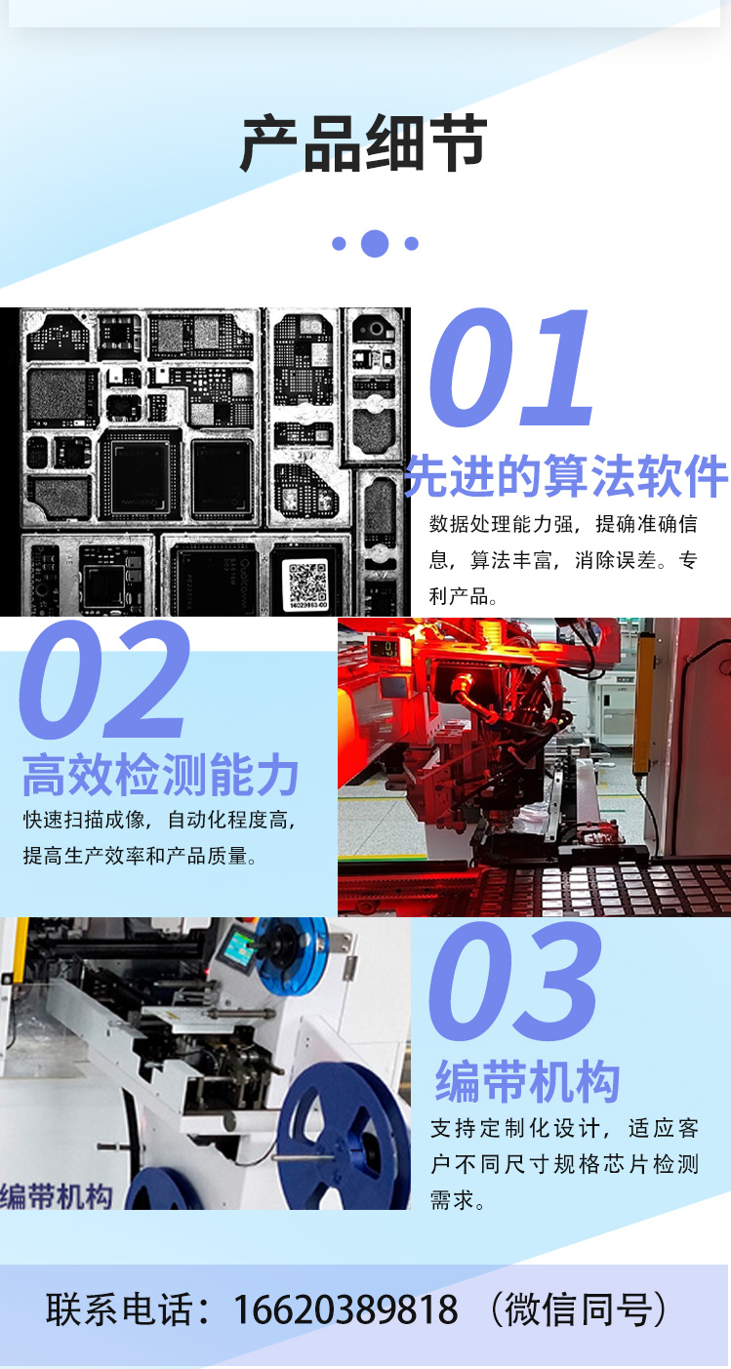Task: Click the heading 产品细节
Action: tap(364, 143)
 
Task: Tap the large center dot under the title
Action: tap(375, 243)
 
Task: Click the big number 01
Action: tap(511, 368)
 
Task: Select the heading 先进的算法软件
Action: tap(566, 475)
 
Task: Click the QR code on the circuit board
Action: tap(307, 584)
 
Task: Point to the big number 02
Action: tap(103, 679)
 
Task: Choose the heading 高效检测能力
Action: tap(160, 775)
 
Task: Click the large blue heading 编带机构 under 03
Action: tap(527, 1081)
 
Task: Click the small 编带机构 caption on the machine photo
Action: tap(57, 1196)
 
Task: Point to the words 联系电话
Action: tap(122, 1309)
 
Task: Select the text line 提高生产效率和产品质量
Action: tap(140, 856)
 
